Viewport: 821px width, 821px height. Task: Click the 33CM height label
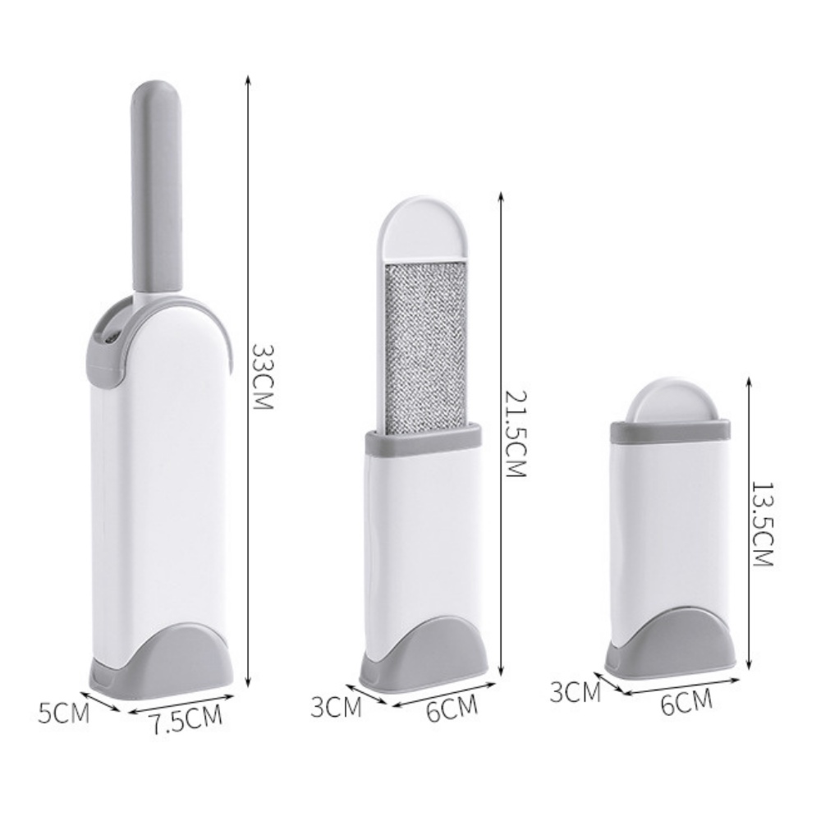tap(262, 378)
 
